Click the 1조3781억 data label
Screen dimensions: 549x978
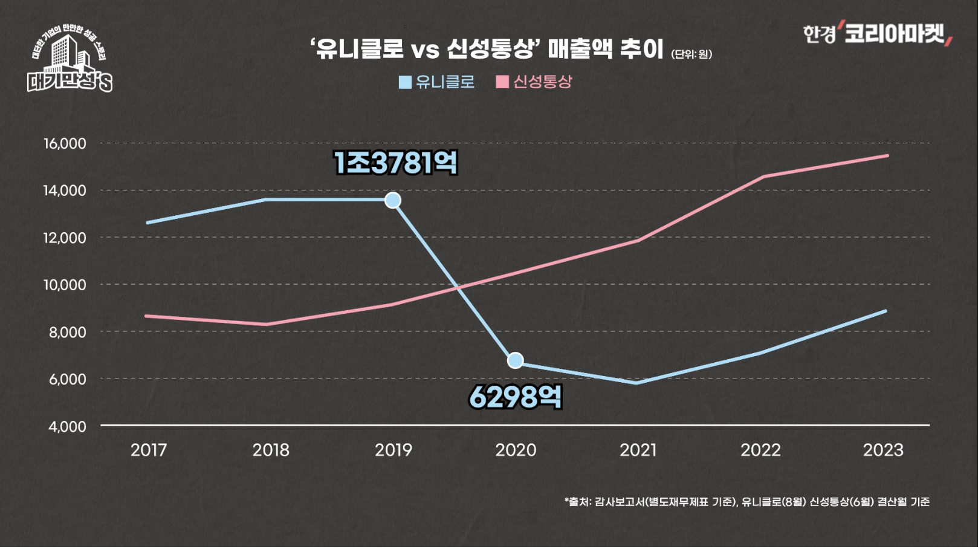pyautogui.click(x=395, y=163)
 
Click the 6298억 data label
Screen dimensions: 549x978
pyautogui.click(x=515, y=397)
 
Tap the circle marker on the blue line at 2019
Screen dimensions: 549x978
pyautogui.click(x=393, y=200)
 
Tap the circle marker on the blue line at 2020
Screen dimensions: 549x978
pyautogui.click(x=515, y=360)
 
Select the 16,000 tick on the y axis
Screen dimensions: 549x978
pyautogui.click(x=65, y=144)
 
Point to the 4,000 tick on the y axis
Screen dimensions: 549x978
pyautogui.click(x=67, y=427)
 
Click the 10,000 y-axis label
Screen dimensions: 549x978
pyautogui.click(x=65, y=285)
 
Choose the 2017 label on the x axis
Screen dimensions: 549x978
pyautogui.click(x=149, y=450)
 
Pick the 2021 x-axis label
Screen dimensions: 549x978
pyautogui.click(x=638, y=450)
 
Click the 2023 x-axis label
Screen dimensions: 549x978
pyautogui.click(x=882, y=450)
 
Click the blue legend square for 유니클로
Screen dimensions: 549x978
pyautogui.click(x=405, y=82)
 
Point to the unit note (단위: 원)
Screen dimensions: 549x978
pyautogui.click(x=691, y=54)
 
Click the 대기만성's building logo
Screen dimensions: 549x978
pyautogui.click(x=70, y=60)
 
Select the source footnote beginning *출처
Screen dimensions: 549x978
pyautogui.click(x=746, y=502)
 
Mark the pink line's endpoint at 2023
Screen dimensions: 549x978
pyautogui.click(x=887, y=155)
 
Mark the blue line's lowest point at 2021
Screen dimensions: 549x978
pyautogui.click(x=637, y=383)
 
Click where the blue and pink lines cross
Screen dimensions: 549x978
pyautogui.click(x=459, y=288)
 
